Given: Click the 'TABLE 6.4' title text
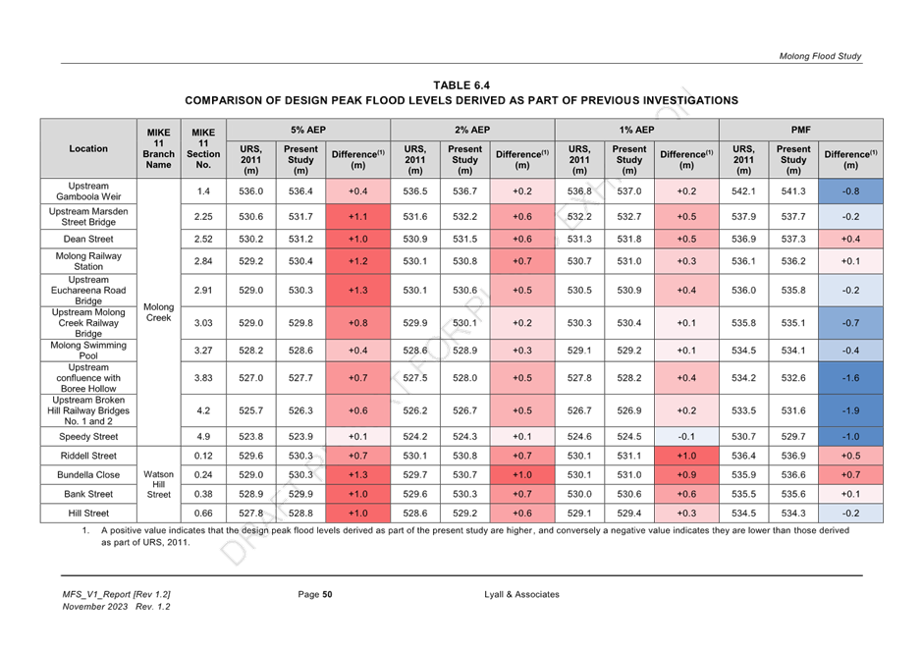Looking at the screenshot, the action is click(461, 85).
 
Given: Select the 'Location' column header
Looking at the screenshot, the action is click(88, 149).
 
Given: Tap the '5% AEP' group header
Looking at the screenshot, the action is click(308, 130).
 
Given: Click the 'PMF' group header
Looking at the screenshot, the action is click(800, 130).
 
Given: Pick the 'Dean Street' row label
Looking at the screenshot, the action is click(88, 239).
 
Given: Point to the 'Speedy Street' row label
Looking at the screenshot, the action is click(88, 437).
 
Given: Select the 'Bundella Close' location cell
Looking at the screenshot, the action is click(88, 475).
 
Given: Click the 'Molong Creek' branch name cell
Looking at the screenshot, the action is click(158, 312).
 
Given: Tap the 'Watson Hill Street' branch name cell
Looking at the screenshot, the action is click(158, 484).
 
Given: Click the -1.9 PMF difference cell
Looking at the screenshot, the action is click(850, 410).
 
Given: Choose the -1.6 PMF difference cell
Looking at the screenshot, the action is click(850, 378).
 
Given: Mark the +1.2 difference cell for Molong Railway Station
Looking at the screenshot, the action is click(357, 261).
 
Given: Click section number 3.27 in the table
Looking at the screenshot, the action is click(203, 351).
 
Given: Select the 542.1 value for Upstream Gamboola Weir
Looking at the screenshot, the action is click(743, 191).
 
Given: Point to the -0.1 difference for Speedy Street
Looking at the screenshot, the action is click(686, 437).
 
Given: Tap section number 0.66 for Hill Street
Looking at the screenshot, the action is click(203, 514).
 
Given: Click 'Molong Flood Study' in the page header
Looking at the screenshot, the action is click(820, 57).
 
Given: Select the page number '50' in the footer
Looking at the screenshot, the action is click(327, 594).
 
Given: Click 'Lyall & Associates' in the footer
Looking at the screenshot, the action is click(521, 594).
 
